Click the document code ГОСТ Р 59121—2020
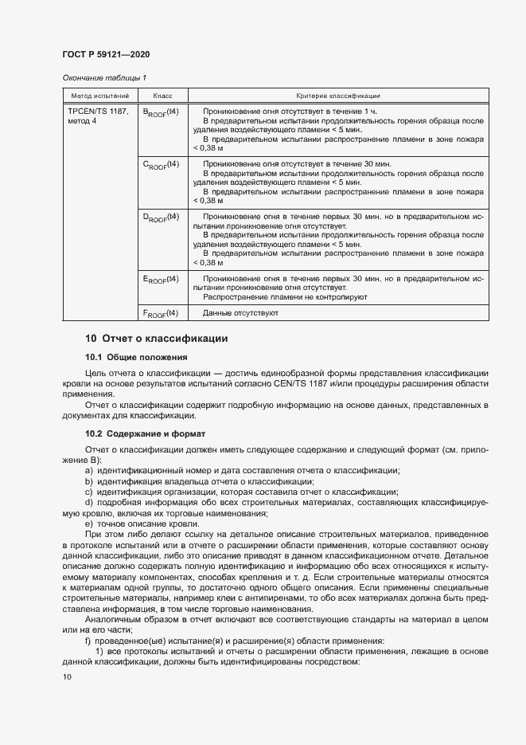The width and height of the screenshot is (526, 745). [x=106, y=54]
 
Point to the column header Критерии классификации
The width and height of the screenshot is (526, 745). [x=337, y=95]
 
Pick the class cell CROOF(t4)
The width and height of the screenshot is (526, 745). [x=161, y=164]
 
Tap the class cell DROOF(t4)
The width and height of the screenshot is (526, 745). [x=161, y=217]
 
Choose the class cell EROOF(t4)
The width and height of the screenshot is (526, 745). [x=161, y=279]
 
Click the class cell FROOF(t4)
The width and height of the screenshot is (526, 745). [x=161, y=312]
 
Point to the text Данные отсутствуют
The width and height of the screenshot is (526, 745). [x=240, y=313]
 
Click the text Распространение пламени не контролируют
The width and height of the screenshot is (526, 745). [x=284, y=296]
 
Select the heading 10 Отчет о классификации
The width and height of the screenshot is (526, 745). [x=156, y=339]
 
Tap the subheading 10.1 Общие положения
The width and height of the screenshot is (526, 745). [x=136, y=357]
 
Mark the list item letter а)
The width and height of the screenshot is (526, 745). [x=88, y=471]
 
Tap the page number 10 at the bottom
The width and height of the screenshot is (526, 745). [x=67, y=677]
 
